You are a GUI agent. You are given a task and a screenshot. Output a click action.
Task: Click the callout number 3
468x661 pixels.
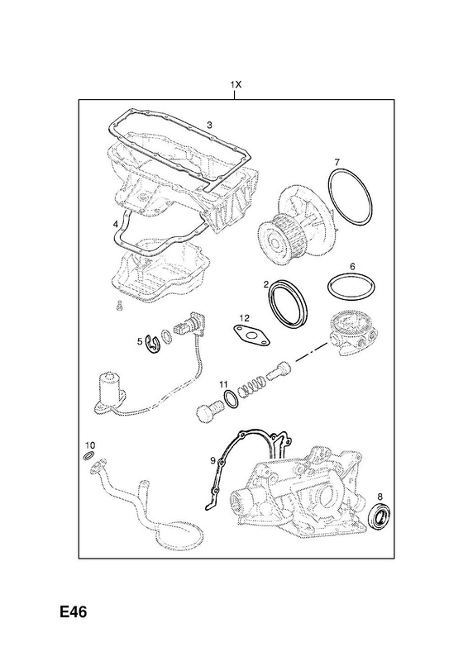(x=209, y=125)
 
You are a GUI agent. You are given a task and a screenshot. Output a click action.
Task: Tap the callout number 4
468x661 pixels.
(x=116, y=225)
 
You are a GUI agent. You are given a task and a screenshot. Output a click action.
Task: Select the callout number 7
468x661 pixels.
(x=337, y=162)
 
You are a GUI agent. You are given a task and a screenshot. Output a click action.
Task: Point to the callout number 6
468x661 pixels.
(x=352, y=266)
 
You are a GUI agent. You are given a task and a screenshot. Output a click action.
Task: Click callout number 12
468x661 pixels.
(x=245, y=318)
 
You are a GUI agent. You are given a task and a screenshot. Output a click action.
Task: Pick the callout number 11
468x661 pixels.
(x=223, y=384)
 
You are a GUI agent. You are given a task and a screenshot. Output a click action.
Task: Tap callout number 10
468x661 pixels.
(x=90, y=445)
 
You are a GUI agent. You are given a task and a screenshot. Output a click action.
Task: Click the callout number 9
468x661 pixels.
(x=213, y=460)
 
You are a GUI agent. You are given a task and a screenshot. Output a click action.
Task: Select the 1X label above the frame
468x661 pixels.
(x=236, y=85)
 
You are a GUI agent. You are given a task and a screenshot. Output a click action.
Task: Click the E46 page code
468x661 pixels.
(x=73, y=611)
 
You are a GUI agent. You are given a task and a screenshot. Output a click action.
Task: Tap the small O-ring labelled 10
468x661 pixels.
(x=88, y=455)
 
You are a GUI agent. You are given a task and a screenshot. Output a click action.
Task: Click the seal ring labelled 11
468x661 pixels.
(x=231, y=399)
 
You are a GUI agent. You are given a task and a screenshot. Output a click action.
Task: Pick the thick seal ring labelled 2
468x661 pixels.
(x=287, y=302)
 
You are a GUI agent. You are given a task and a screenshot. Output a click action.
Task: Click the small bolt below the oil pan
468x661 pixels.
(x=119, y=306)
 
